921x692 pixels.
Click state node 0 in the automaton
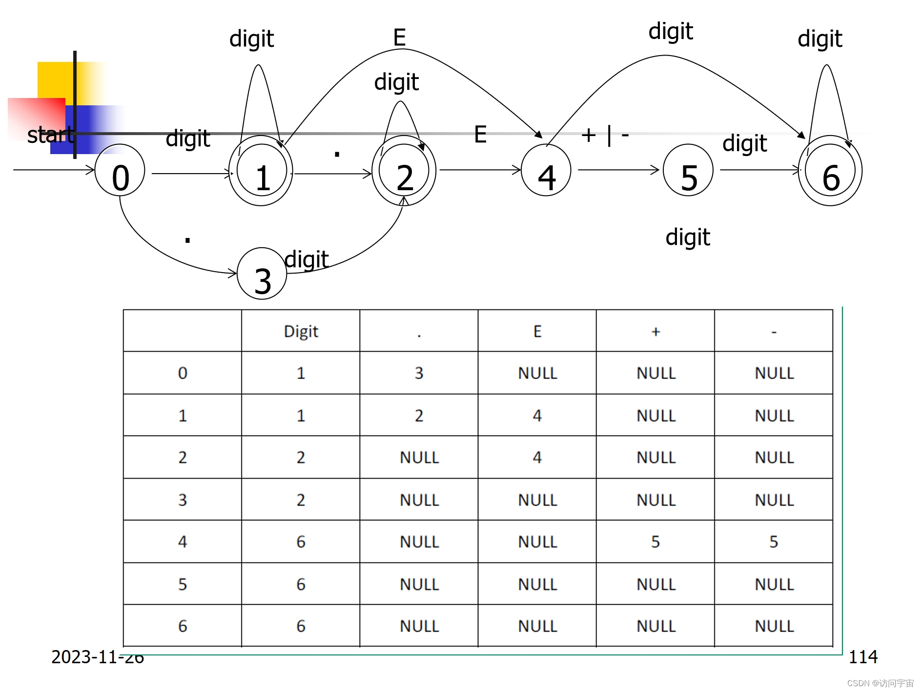pos(120,171)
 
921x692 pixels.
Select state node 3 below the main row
pos(262,274)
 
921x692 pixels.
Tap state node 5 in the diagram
pos(688,171)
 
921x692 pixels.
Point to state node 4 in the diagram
pos(546,171)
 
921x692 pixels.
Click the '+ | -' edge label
pos(605,135)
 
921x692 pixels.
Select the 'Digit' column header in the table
pos(301,331)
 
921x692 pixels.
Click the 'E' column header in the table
pos(537,331)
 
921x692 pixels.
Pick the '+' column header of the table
pos(655,331)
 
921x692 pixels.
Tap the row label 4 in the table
pos(183,541)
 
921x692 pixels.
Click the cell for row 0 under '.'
pos(419,373)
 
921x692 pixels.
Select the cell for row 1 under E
pos(537,415)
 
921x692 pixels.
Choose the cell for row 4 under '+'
pos(655,541)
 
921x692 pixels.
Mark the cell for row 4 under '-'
pos(774,541)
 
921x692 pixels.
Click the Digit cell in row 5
pos(301,584)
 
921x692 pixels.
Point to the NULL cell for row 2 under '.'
pos(419,457)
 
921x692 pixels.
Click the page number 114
pos(863,657)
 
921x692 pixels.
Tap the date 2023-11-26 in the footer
pos(98,657)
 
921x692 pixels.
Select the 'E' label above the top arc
pos(399,38)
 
